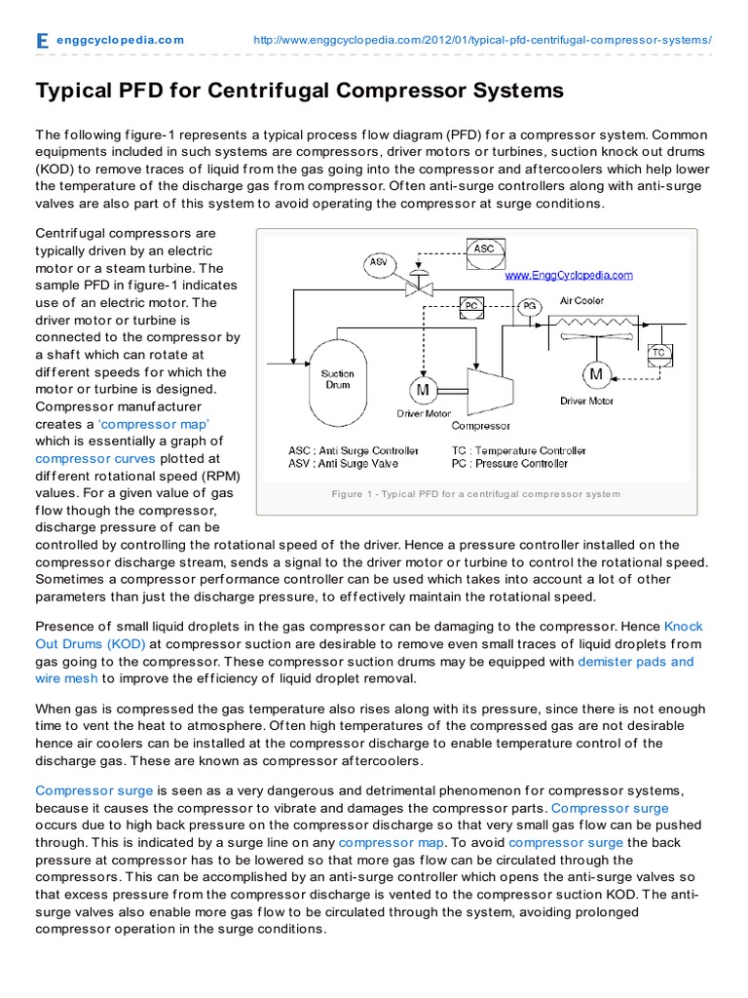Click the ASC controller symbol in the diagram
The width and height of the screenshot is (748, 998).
tap(484, 249)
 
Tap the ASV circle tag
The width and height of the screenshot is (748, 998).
tap(378, 262)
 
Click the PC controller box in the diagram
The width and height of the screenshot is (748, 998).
tap(470, 305)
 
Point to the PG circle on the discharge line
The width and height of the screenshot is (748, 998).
tap(529, 305)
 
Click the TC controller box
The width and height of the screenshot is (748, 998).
tap(659, 352)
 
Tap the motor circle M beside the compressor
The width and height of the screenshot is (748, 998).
tap(423, 390)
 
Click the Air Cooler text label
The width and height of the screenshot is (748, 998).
tap(581, 301)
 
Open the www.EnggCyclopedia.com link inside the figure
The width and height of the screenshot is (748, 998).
tap(568, 275)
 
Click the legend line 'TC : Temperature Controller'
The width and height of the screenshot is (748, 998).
tap(518, 450)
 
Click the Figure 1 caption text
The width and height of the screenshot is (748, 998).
tap(475, 494)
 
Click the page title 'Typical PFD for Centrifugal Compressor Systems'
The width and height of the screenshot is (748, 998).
tap(299, 91)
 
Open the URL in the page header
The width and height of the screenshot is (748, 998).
tap(482, 40)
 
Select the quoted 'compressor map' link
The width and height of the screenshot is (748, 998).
tap(154, 424)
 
